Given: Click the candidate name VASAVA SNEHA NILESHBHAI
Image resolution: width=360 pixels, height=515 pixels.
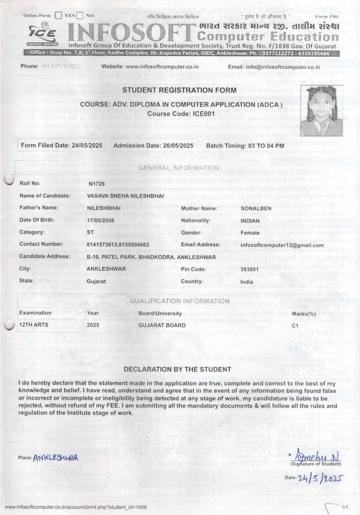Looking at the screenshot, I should click(x=125, y=196).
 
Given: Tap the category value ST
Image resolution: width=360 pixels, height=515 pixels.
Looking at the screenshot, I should click(x=90, y=233).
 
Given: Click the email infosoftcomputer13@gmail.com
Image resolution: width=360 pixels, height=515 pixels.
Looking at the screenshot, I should click(x=282, y=245).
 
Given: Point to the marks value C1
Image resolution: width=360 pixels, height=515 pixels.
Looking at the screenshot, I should click(x=295, y=326).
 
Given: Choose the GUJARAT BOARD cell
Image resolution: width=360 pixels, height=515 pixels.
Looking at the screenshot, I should click(x=162, y=325).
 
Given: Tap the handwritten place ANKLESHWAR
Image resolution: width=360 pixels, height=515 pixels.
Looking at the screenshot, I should click(x=56, y=458).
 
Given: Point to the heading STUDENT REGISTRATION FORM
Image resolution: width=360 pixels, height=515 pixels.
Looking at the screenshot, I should click(x=180, y=90).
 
